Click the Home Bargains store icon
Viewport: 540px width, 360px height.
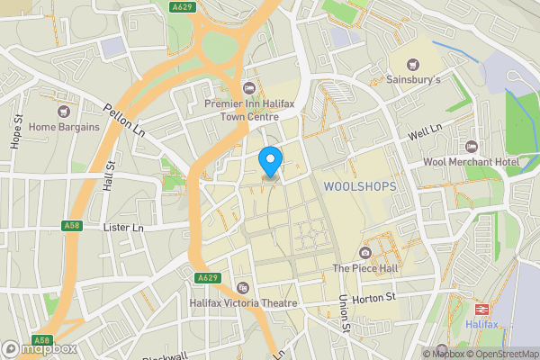(64, 112)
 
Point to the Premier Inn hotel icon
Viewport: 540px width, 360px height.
(249, 86)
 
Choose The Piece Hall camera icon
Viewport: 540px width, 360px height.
(364, 252)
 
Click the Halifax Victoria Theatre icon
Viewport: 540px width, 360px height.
(242, 288)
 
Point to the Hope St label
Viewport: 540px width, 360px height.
(16, 133)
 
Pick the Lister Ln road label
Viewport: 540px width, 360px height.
(124, 229)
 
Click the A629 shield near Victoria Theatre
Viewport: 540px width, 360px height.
(207, 277)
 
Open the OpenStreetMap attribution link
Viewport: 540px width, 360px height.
(498, 353)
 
